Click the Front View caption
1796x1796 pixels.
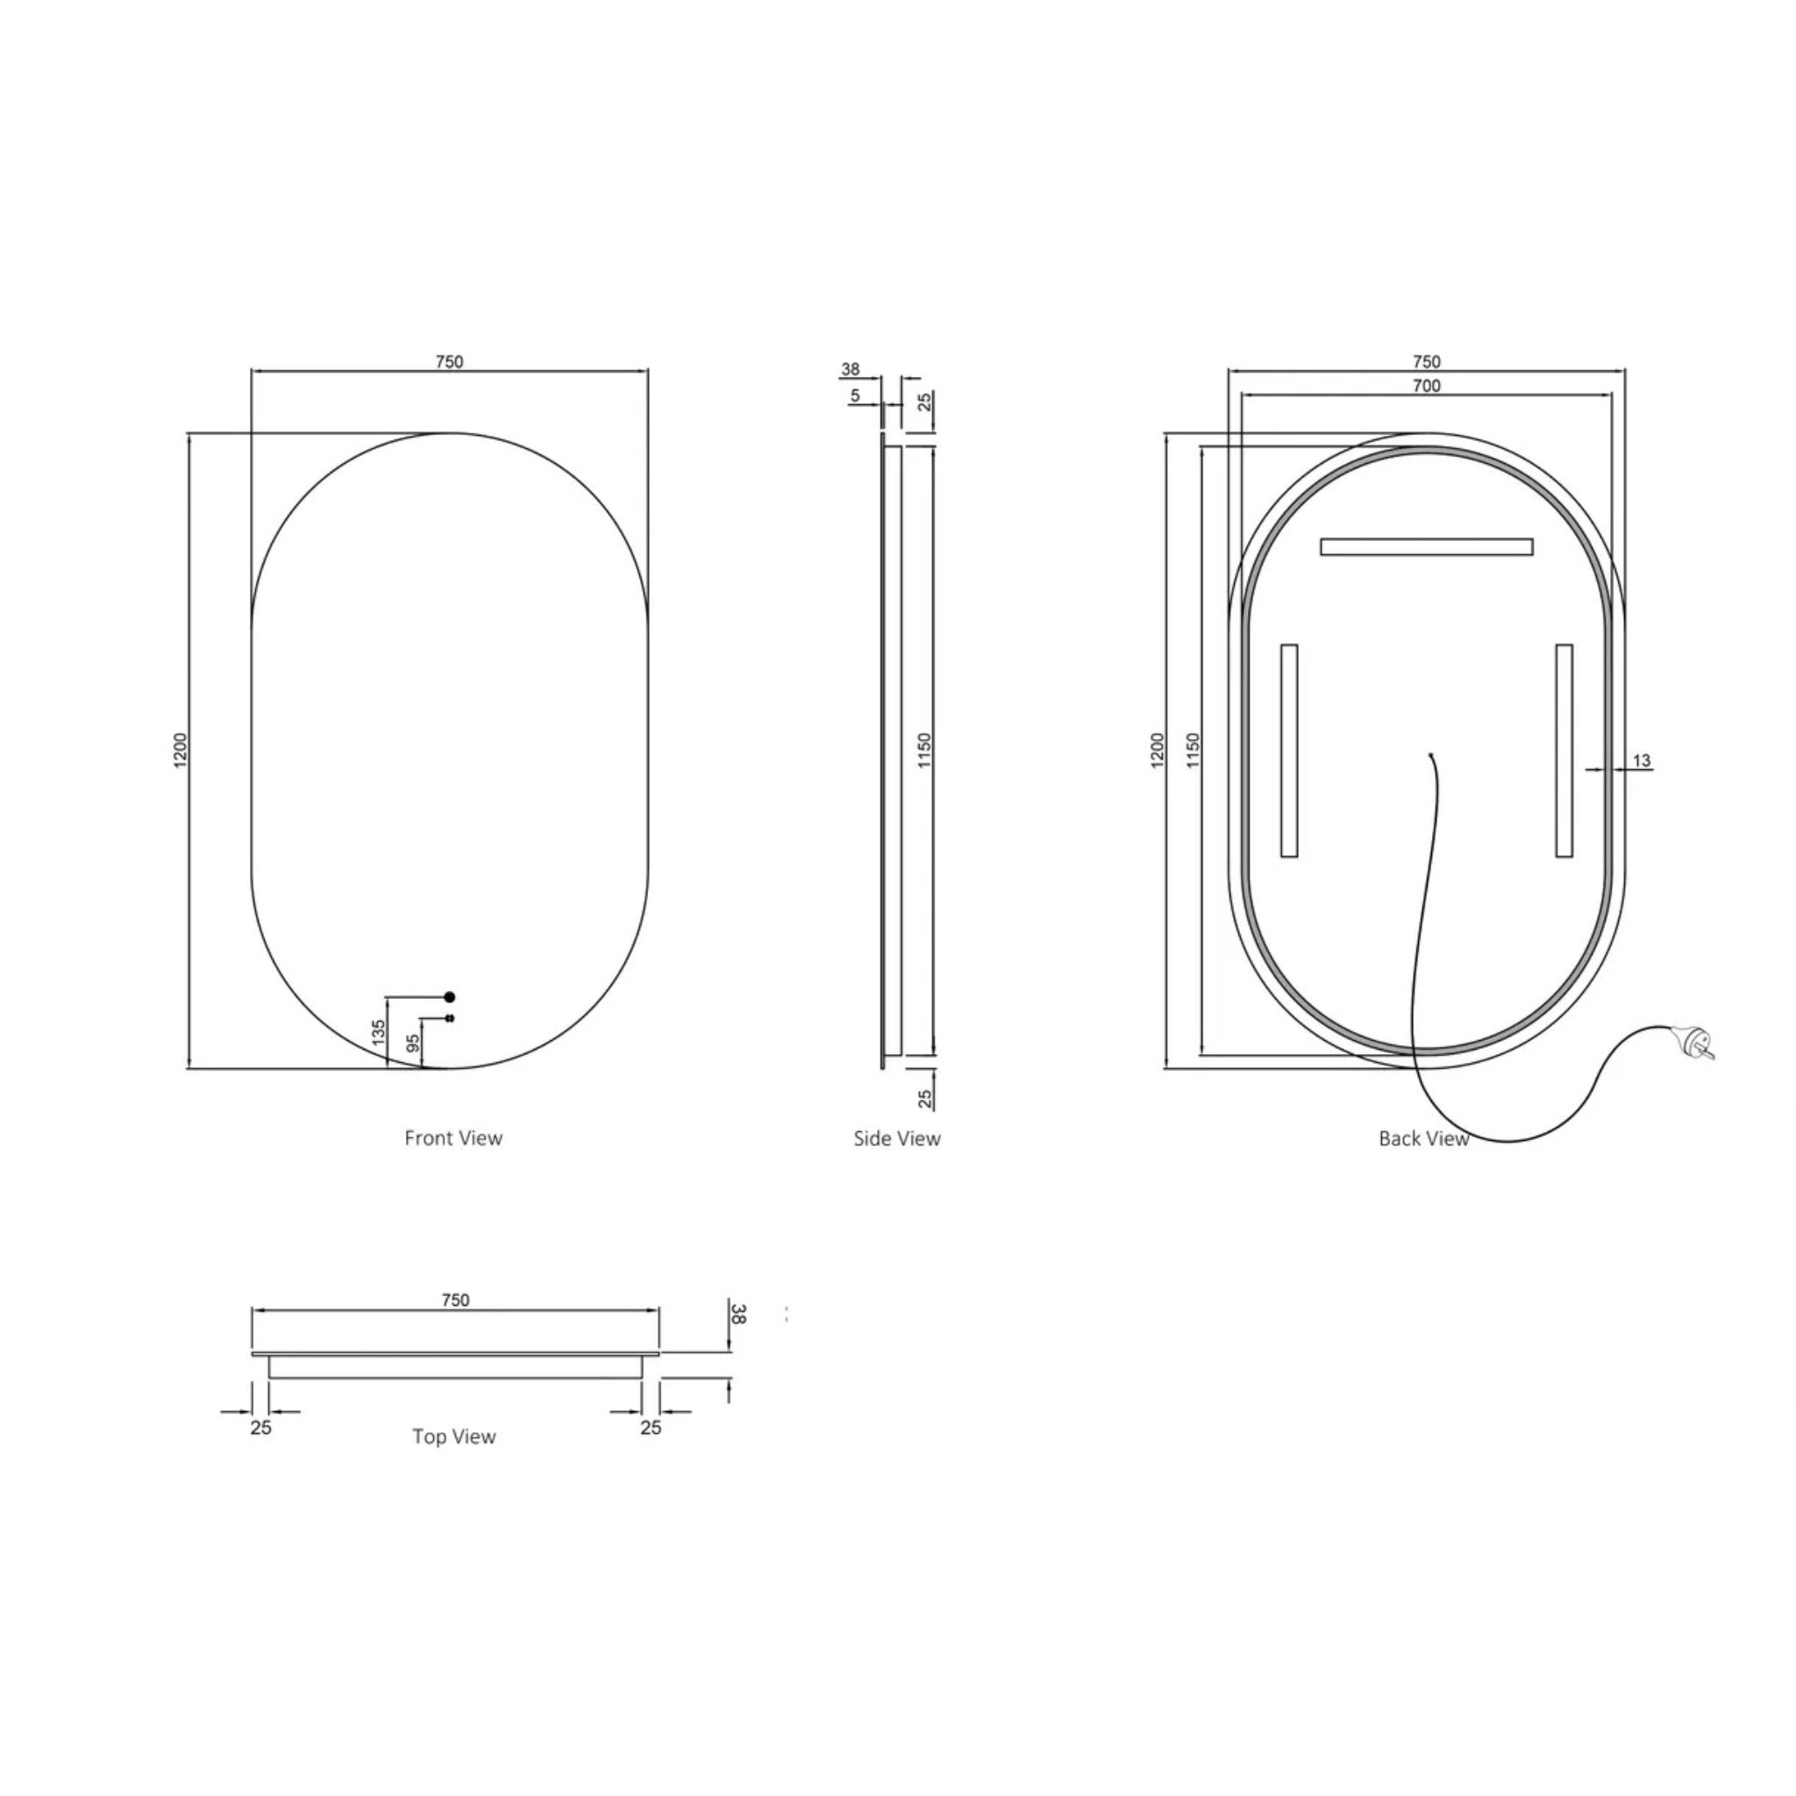pyautogui.click(x=453, y=1137)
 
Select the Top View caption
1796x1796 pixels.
pyautogui.click(x=453, y=1437)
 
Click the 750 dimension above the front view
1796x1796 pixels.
pyautogui.click(x=449, y=361)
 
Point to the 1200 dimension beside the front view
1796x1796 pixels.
pyautogui.click(x=182, y=750)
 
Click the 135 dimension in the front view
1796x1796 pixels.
pyautogui.click(x=378, y=1032)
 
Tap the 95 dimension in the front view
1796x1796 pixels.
pyautogui.click(x=415, y=1043)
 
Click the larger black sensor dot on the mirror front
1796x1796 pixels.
pyautogui.click(x=450, y=996)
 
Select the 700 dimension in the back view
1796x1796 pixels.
pyautogui.click(x=1426, y=386)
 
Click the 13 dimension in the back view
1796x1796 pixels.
pyautogui.click(x=1642, y=760)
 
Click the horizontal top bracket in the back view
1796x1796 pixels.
pyautogui.click(x=1426, y=546)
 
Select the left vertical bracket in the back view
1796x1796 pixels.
pyautogui.click(x=1288, y=750)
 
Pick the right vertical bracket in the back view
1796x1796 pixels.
pyautogui.click(x=1564, y=750)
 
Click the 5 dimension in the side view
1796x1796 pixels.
pyautogui.click(x=855, y=396)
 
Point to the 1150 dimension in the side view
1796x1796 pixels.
pyautogui.click(x=924, y=750)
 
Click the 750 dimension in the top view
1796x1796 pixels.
pyautogui.click(x=455, y=1301)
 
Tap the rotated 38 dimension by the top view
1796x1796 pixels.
pyautogui.click(x=738, y=1314)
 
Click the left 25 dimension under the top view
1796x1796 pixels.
pyautogui.click(x=260, y=1427)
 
